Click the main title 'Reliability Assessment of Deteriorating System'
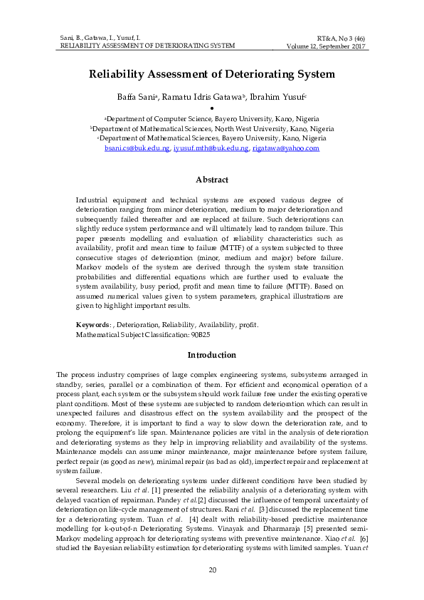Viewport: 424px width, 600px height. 211,74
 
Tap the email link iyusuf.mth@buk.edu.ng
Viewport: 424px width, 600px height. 211,148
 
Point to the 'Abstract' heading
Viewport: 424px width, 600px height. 211,180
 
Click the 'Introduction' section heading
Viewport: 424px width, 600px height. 211,355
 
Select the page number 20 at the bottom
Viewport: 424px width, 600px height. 211,570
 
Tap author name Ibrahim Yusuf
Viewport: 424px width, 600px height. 280,97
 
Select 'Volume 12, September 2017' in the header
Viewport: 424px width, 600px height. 326,46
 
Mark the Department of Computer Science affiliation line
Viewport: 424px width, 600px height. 211,118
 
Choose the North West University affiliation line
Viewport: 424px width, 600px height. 211,128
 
